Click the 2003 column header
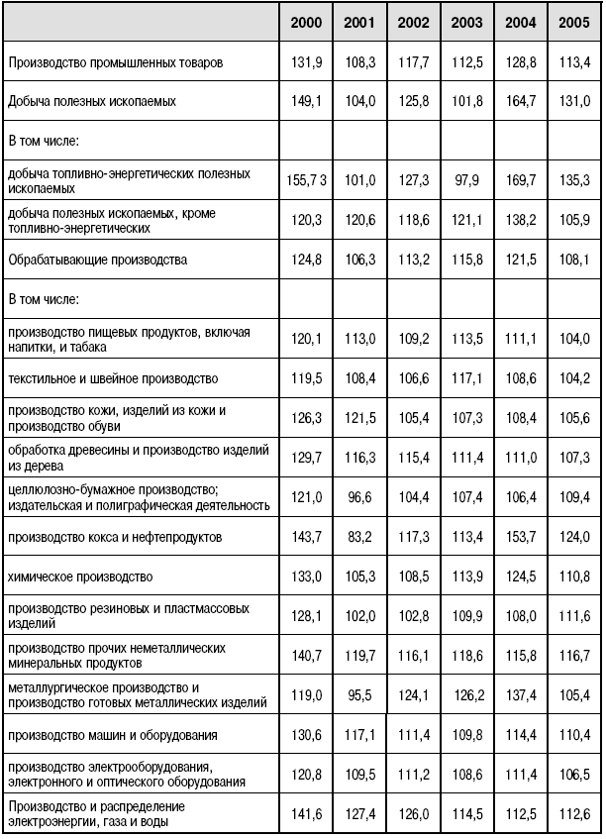[466, 22]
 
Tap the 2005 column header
[573, 22]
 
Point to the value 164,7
[520, 101]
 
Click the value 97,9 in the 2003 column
[467, 180]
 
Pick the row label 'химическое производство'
[77, 576]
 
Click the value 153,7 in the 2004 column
[520, 536]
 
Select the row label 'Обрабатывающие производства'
[97, 260]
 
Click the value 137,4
[520, 694]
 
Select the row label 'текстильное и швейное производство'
[113, 378]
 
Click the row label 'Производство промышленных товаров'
[115, 61]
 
